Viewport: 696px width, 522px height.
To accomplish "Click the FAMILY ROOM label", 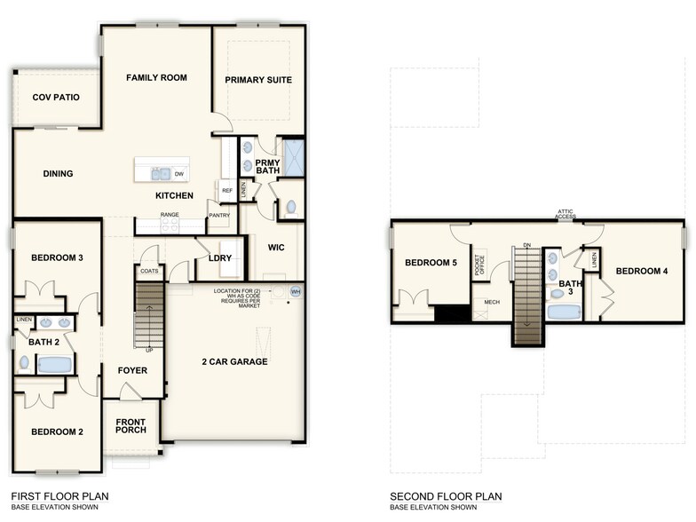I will pos(156,78).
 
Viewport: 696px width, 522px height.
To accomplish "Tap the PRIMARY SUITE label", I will pos(258,80).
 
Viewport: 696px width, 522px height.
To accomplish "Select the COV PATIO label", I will pos(54,98).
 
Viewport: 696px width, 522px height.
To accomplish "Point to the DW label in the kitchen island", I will pos(179,174).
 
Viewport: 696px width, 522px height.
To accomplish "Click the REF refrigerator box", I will pos(227,191).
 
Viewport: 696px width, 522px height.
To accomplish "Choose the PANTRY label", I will pos(219,215).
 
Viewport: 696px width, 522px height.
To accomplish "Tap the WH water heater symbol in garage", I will pos(296,291).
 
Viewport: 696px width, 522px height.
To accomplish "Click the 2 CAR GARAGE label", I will pos(235,361).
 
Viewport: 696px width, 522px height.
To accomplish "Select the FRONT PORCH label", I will pos(130,425).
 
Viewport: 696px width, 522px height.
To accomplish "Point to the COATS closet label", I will pos(149,272).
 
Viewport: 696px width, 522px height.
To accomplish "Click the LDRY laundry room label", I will pos(219,258).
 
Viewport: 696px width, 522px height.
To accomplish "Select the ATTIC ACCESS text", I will pos(567,214).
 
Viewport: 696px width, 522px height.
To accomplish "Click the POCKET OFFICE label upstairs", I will pos(480,267).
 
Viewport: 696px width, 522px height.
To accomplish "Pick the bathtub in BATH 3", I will pos(563,312).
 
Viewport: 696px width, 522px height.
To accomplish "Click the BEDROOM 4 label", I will pos(641,271).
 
